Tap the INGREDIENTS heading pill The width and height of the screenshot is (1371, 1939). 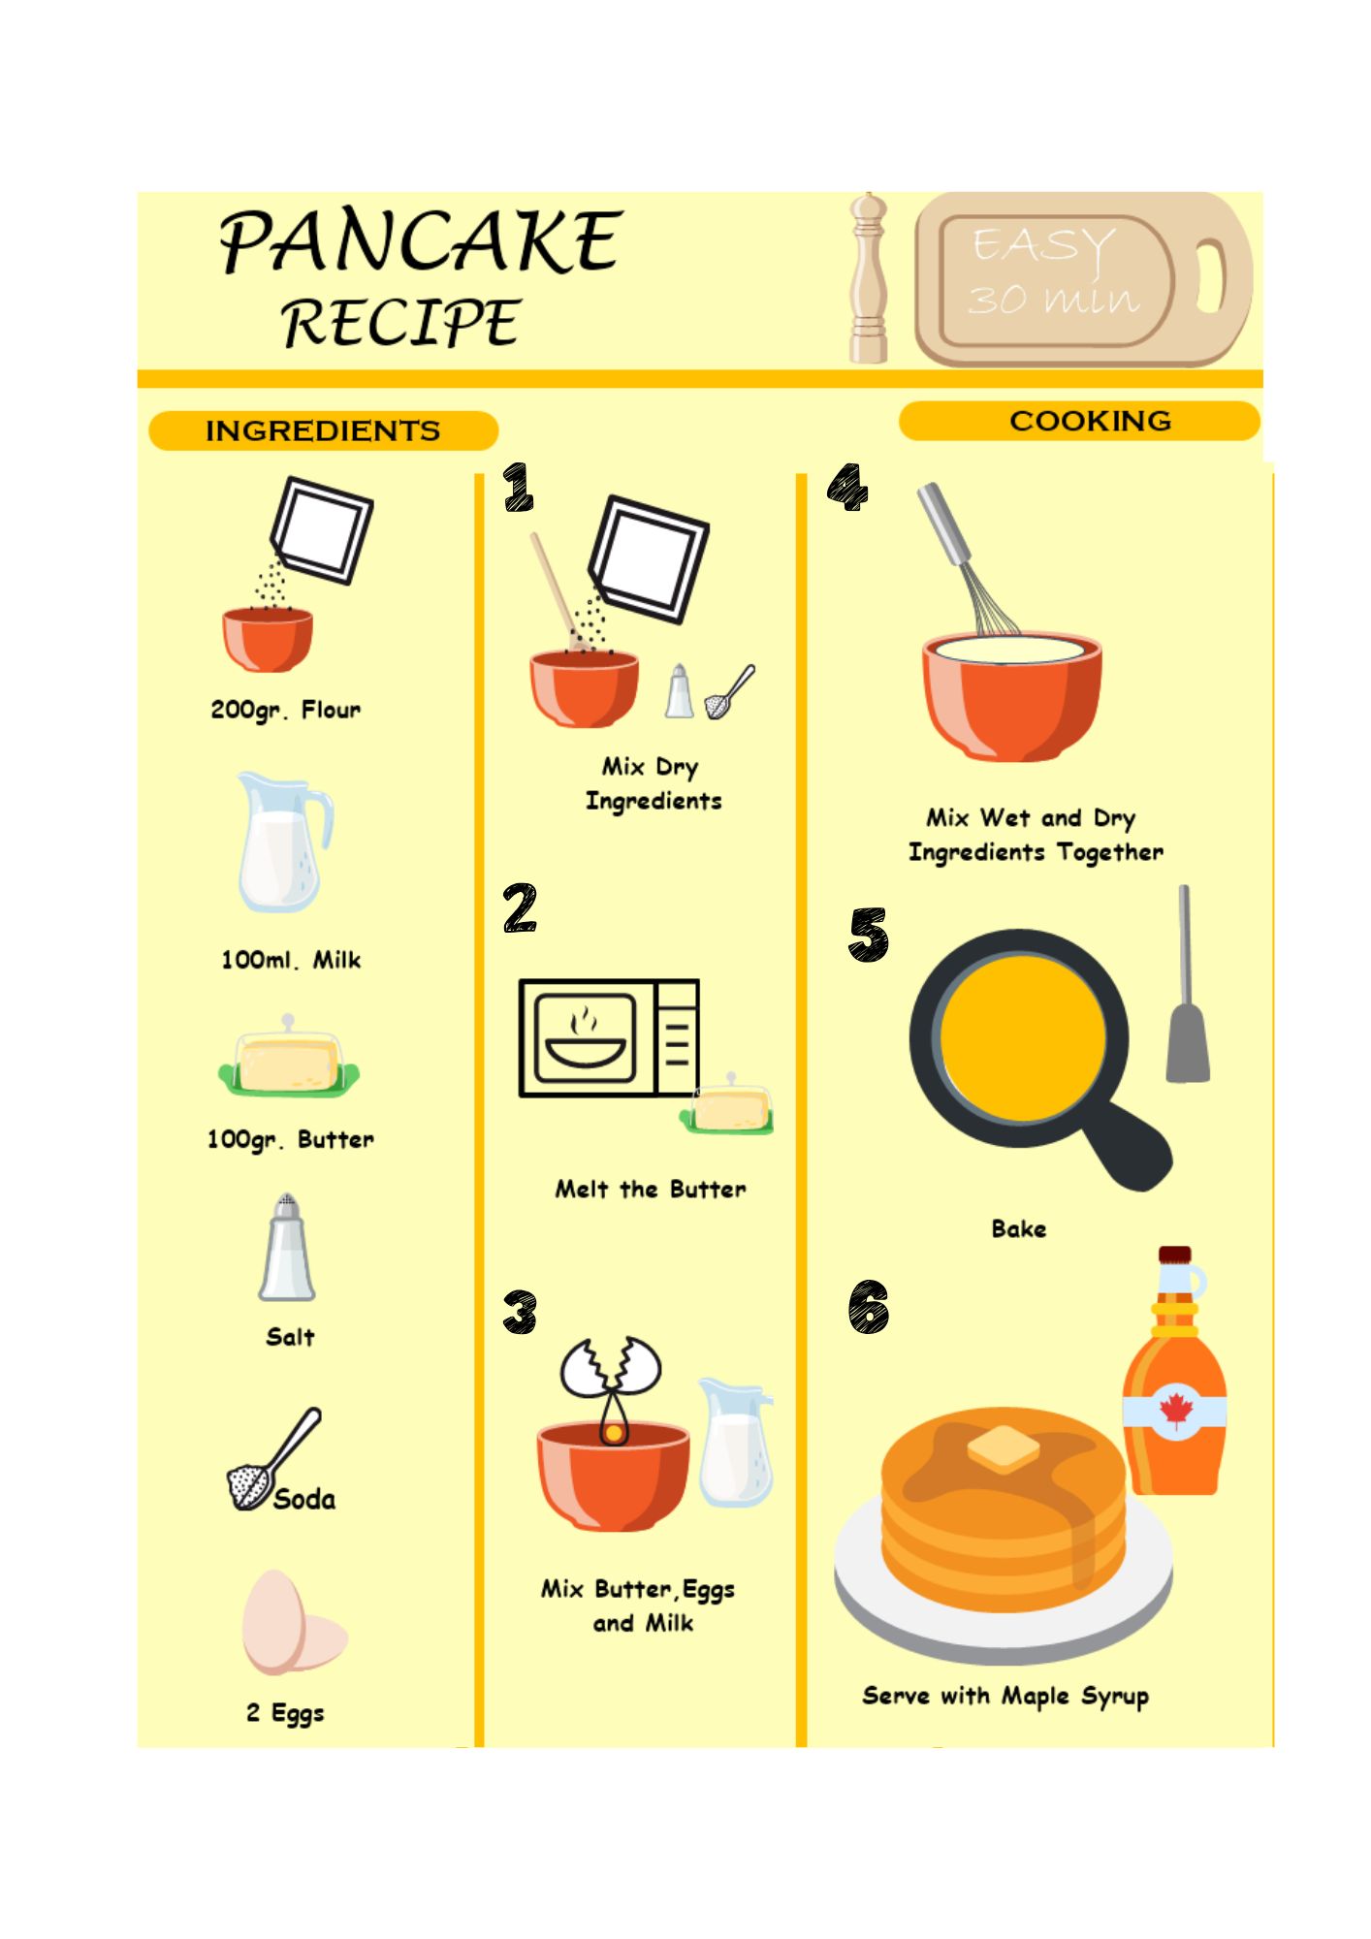(x=323, y=430)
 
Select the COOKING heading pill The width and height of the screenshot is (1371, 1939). (x=1079, y=421)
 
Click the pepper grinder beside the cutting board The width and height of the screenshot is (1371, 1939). (x=868, y=278)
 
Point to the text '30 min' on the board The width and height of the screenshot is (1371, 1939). (x=1053, y=299)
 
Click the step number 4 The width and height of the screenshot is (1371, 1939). (x=847, y=486)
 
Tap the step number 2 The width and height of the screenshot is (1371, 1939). (x=520, y=908)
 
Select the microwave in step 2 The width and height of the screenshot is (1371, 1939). (x=609, y=1037)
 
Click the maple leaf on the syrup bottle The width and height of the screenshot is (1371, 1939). (x=1175, y=1410)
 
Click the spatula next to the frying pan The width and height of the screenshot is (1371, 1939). (x=1187, y=983)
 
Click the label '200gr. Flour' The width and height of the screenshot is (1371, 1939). (x=286, y=711)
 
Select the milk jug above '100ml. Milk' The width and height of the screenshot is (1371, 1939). (x=283, y=842)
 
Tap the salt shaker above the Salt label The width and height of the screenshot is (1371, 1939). (x=287, y=1247)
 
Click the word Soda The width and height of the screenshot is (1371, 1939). (x=304, y=1499)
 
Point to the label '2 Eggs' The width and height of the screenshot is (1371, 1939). (x=285, y=1713)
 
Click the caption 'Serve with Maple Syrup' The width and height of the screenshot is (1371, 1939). (x=1005, y=1696)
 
